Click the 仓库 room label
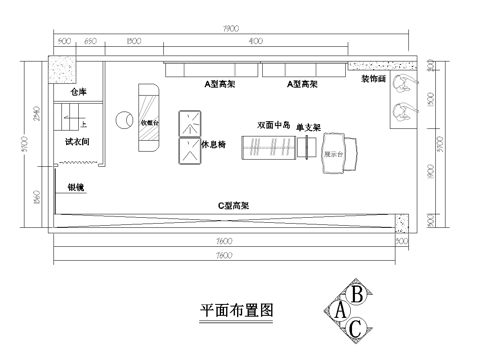[x=78, y=92]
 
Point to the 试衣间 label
[x=79, y=143]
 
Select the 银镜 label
[x=76, y=187]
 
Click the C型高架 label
[x=234, y=205]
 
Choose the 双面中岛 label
[x=273, y=126]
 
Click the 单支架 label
[x=308, y=128]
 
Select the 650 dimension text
[x=90, y=43]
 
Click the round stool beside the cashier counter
[x=125, y=119]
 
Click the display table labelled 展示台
[x=333, y=154]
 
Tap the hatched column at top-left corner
[x=67, y=72]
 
